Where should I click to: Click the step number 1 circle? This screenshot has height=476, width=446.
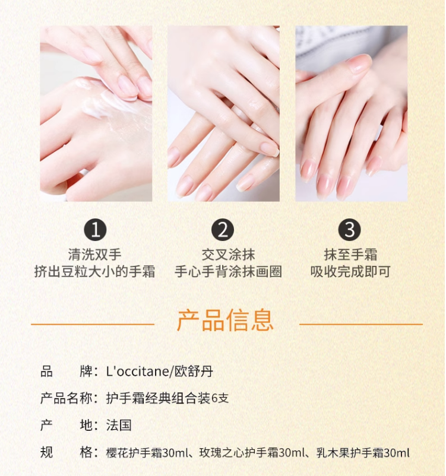tap(95, 230)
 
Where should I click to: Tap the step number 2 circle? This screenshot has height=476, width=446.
tap(223, 230)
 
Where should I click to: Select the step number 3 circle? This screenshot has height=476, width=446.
tap(350, 230)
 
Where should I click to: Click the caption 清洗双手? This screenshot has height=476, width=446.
tap(95, 255)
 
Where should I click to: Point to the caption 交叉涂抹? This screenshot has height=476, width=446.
tap(228, 255)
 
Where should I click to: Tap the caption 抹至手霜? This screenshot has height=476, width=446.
tap(350, 255)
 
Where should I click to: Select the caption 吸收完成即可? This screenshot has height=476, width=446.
tap(350, 271)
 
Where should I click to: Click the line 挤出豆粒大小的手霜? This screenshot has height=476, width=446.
tap(95, 271)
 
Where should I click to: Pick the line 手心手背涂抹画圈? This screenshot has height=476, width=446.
tap(228, 271)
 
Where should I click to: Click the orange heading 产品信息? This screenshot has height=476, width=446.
tap(225, 320)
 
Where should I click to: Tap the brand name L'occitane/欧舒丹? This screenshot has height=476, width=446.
tap(160, 372)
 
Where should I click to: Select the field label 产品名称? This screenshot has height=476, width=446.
tap(67, 398)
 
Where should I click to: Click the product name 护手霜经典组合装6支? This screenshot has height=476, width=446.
tap(167, 398)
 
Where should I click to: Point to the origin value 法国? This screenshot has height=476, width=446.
tap(119, 425)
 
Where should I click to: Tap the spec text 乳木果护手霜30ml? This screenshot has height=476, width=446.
tap(363, 453)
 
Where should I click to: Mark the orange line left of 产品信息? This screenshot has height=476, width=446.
tap(93, 324)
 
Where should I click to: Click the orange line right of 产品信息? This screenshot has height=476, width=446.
tap(361, 324)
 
